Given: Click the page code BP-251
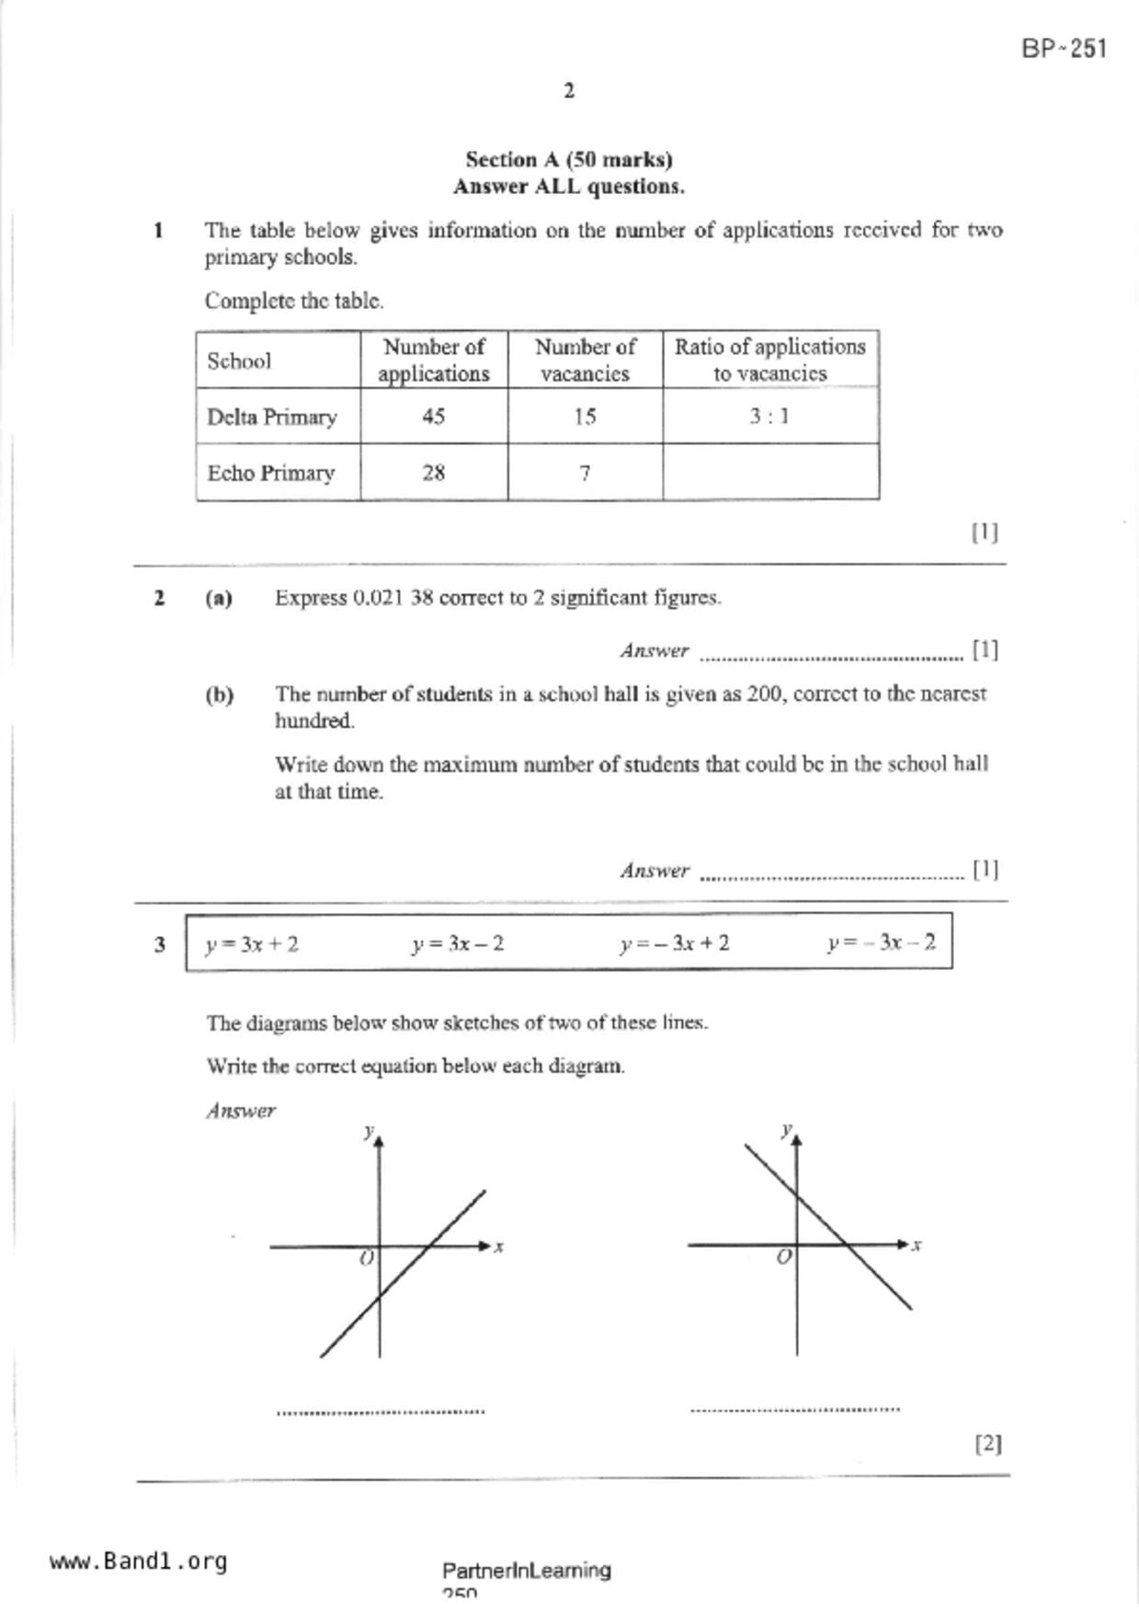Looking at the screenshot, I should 1064,49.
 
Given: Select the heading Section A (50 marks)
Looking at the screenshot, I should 568,160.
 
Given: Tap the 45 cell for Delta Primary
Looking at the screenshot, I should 433,417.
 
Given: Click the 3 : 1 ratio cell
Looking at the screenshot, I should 769,417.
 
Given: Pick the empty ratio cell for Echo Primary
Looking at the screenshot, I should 769,473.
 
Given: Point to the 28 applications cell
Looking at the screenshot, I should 433,473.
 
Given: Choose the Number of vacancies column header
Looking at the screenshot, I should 585,360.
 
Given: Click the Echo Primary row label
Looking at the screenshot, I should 270,473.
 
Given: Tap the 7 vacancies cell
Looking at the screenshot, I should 585,473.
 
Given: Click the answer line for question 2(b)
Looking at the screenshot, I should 831,875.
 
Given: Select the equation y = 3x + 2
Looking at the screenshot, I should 252,944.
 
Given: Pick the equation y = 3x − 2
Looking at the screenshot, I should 458,944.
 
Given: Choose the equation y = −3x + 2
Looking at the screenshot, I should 675,944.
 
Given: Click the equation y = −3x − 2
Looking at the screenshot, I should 881,944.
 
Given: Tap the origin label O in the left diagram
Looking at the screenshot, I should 366,1258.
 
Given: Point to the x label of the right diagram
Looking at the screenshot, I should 916,1245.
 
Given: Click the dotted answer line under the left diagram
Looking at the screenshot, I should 381,1410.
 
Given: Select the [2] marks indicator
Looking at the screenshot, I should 987,1443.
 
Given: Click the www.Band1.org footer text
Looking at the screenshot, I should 138,1562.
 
